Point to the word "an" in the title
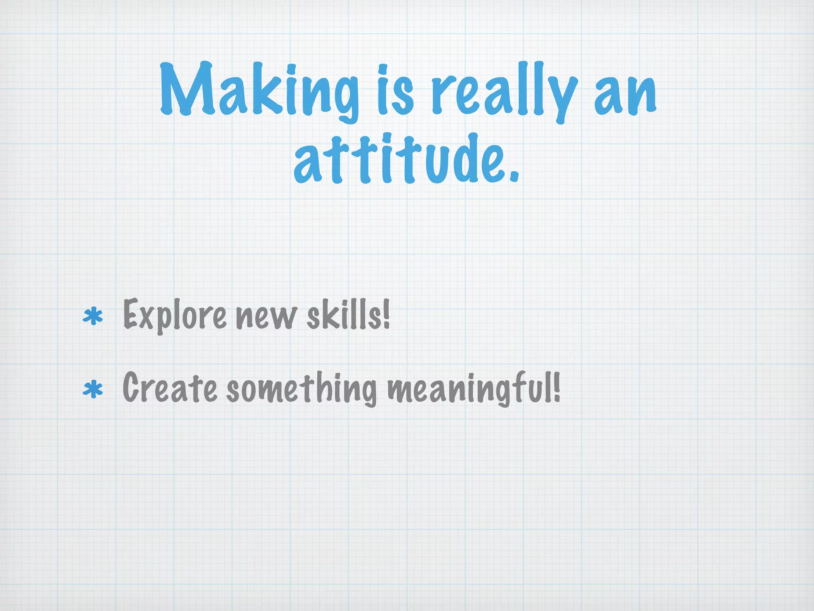(625, 93)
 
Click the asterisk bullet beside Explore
(93, 317)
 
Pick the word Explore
(175, 316)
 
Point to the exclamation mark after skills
(386, 314)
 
